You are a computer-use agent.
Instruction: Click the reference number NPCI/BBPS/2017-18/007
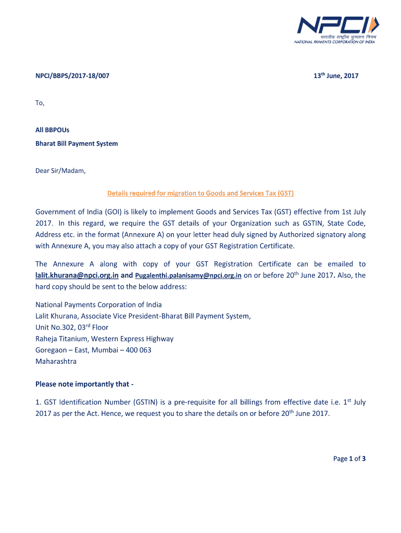[72, 76]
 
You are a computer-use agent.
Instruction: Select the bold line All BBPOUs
[48, 132]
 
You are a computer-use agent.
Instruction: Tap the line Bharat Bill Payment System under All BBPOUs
[77, 144]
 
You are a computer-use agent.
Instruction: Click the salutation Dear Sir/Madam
[60, 171]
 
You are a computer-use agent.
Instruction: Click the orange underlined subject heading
[200, 194]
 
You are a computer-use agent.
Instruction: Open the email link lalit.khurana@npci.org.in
[77, 276]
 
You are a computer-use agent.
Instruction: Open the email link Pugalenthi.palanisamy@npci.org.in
[188, 276]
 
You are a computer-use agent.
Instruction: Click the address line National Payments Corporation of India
[98, 305]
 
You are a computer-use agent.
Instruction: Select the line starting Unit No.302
[72, 327]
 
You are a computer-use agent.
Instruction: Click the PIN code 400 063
[139, 350]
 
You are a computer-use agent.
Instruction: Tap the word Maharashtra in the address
[56, 361]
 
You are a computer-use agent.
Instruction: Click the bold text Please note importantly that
[84, 384]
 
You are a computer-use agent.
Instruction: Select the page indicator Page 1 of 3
[349, 459]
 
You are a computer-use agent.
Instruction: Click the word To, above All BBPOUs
[40, 103]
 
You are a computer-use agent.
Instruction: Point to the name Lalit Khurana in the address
[57, 316]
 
